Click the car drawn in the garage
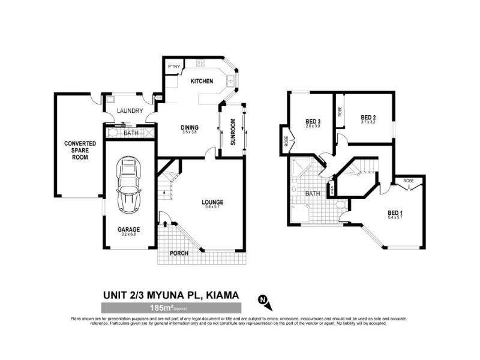(x=128, y=185)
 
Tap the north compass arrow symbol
(x=262, y=299)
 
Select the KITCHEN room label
(x=202, y=81)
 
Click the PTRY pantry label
(x=174, y=66)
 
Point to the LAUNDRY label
(x=130, y=110)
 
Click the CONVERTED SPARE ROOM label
(x=76, y=151)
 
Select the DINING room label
(x=190, y=127)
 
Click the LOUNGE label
(x=212, y=202)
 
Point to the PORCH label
(x=178, y=253)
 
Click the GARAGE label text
(x=128, y=229)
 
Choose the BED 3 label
(x=313, y=121)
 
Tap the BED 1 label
(x=395, y=212)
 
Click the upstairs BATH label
(x=312, y=194)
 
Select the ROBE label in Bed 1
(x=409, y=181)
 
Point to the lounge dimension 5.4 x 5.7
(x=212, y=208)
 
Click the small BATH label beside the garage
(x=131, y=133)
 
